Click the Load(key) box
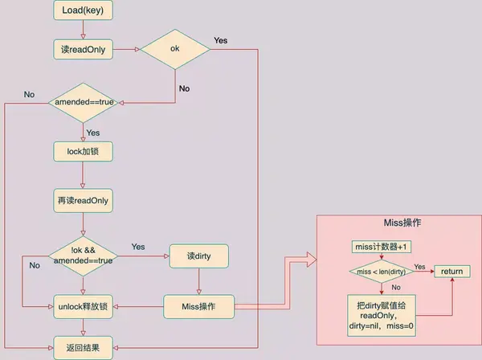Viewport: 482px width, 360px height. pos(83,10)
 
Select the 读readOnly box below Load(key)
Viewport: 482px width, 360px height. pos(83,49)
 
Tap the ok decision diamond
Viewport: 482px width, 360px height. pos(175,49)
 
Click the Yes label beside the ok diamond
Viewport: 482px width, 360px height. pos(221,40)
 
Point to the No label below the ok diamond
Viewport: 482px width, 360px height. pos(184,88)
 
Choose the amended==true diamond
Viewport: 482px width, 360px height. pos(83,103)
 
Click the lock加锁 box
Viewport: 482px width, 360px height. pos(83,152)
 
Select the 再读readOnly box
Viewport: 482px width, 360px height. pos(83,201)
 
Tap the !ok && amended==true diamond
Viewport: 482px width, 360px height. pos(83,256)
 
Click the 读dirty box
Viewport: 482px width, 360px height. pos(199,256)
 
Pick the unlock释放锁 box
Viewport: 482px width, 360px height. pos(83,306)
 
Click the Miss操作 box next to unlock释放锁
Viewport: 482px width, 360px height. pos(198,306)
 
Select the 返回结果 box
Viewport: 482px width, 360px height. pos(83,348)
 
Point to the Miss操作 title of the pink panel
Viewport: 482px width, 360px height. pos(402,223)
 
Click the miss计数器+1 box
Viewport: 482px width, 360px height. pos(381,247)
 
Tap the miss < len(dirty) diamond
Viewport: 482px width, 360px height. pos(381,272)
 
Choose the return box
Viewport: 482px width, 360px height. pos(452,272)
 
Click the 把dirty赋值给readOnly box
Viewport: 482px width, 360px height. pos(382,316)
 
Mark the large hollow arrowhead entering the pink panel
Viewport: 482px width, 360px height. pos(312,260)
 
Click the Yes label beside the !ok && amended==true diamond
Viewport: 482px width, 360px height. pos(138,247)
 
